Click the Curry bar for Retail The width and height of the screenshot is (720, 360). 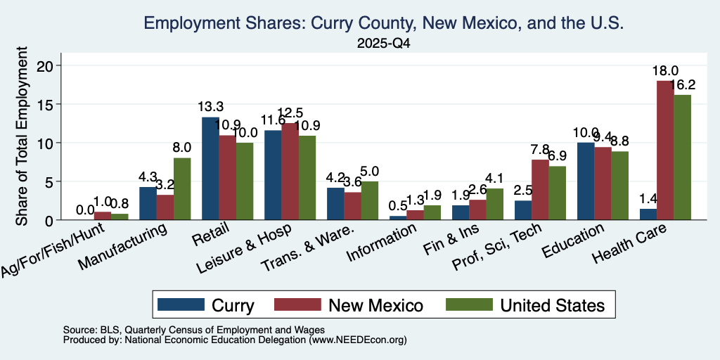(x=210, y=169)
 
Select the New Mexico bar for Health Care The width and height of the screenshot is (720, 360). (x=665, y=150)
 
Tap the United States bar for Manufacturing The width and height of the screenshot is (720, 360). (x=182, y=188)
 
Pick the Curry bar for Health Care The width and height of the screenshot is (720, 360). (x=648, y=214)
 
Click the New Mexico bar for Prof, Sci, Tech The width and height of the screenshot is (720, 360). (x=540, y=190)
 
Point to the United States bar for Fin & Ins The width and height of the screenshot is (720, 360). (x=494, y=204)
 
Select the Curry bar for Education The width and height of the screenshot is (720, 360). (x=586, y=181)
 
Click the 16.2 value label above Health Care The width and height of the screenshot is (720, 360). (x=682, y=85)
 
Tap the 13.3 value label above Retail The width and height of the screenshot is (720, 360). (x=211, y=107)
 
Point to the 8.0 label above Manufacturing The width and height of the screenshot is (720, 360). (x=182, y=148)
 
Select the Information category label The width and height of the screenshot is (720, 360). (x=382, y=242)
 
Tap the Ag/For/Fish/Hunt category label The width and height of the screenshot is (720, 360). (x=53, y=250)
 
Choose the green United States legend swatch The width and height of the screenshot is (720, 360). (x=469, y=304)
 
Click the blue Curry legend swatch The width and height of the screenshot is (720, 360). (x=181, y=304)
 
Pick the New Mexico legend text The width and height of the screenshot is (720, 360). (x=375, y=305)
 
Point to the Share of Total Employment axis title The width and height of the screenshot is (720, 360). (x=22, y=136)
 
